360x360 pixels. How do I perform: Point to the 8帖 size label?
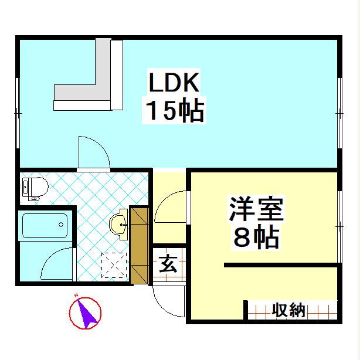(x=256, y=237)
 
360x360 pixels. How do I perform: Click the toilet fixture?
(x=34, y=188)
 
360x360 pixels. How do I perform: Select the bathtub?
(x=45, y=225)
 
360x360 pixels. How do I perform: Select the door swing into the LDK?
(x=93, y=152)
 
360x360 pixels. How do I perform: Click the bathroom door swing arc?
(x=57, y=264)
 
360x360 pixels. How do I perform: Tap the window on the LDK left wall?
(x=18, y=111)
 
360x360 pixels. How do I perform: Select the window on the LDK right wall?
(x=340, y=111)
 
